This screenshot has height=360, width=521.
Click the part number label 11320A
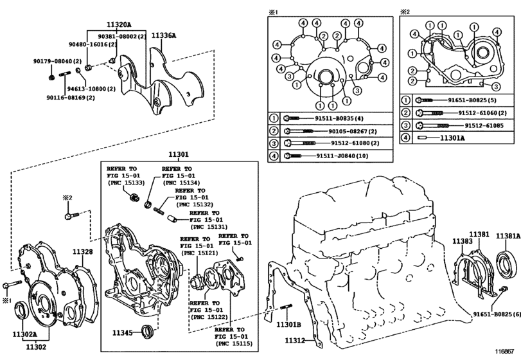pyautogui.click(x=119, y=24)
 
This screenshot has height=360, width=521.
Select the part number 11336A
pyautogui.click(x=164, y=35)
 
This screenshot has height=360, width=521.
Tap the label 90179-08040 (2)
pyautogui.click(x=57, y=61)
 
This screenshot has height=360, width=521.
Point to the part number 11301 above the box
pyautogui.click(x=179, y=154)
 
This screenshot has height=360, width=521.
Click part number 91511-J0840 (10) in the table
pyautogui.click(x=342, y=156)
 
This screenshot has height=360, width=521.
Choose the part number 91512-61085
pyautogui.click(x=484, y=125)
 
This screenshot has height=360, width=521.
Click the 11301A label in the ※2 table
pyautogui.click(x=452, y=138)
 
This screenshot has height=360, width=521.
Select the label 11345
pyautogui.click(x=122, y=332)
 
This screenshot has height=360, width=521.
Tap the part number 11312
pyautogui.click(x=295, y=340)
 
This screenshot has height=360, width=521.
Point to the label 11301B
pyautogui.click(x=288, y=325)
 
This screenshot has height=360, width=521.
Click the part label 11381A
pyautogui.click(x=508, y=236)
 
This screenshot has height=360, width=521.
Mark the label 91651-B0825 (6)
pyautogui.click(x=497, y=314)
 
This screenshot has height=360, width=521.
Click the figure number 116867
pyautogui.click(x=505, y=352)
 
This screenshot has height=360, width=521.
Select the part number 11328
pyautogui.click(x=83, y=251)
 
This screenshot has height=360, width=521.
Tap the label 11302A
pyautogui.click(x=24, y=334)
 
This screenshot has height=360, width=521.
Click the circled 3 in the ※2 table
pyautogui.click(x=405, y=125)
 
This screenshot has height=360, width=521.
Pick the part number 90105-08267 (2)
pyautogui.click(x=353, y=131)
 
